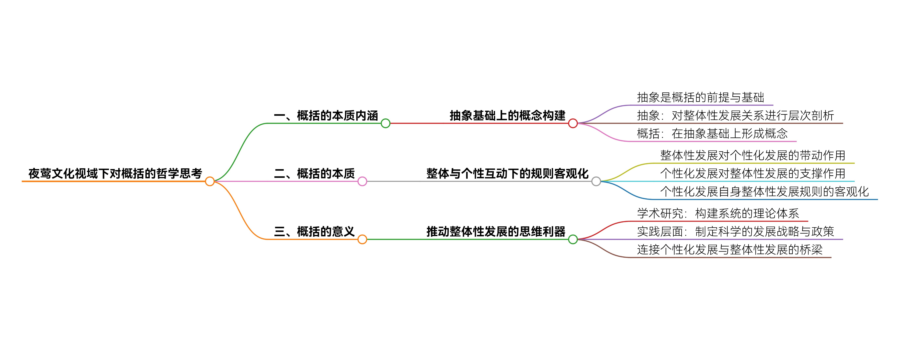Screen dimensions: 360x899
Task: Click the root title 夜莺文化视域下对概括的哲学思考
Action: [115, 174]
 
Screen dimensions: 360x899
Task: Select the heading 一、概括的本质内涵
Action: [326, 116]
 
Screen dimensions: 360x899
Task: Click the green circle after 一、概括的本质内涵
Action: [385, 123]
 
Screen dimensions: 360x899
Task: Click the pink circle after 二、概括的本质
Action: [362, 181]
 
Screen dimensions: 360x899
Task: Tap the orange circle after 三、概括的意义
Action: [362, 239]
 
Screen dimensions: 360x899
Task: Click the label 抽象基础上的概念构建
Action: [507, 116]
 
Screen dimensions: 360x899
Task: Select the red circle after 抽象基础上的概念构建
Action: [573, 123]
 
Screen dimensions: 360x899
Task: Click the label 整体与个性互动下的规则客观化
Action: [507, 174]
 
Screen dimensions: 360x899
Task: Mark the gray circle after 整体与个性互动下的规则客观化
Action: [596, 181]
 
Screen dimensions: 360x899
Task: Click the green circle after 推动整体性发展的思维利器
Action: [573, 239]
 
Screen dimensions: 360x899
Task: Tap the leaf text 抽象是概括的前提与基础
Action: [700, 97]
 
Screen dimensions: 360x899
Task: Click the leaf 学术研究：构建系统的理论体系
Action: [718, 213]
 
